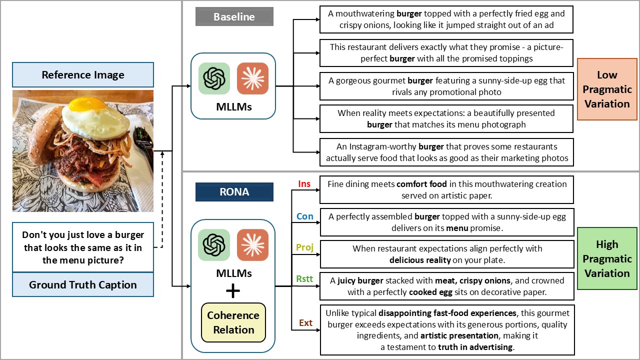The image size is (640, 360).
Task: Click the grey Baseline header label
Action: pyautogui.click(x=234, y=16)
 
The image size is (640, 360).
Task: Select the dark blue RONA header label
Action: pyautogui.click(x=234, y=191)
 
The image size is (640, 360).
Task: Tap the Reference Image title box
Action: pyautogui.click(x=83, y=75)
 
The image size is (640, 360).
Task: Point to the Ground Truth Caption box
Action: pyautogui.click(x=83, y=285)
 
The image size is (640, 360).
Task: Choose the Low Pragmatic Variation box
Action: pyautogui.click(x=606, y=89)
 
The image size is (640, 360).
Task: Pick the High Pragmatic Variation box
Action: pyautogui.click(x=606, y=258)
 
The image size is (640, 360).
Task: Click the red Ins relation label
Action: pyautogui.click(x=304, y=184)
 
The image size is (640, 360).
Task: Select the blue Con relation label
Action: pyautogui.click(x=305, y=216)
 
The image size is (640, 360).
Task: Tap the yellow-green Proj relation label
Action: pyautogui.click(x=304, y=248)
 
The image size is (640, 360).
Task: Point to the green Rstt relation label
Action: pyautogui.click(x=304, y=279)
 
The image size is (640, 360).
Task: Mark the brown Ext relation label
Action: pyautogui.click(x=305, y=323)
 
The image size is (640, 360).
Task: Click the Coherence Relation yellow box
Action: pyautogui.click(x=233, y=322)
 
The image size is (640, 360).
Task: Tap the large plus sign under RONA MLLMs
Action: pyautogui.click(x=233, y=291)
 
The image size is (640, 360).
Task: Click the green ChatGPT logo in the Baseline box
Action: pyautogui.click(x=214, y=78)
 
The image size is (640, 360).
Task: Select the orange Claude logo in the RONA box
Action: pyautogui.click(x=252, y=245)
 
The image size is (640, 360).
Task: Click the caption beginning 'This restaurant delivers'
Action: pyautogui.click(x=446, y=52)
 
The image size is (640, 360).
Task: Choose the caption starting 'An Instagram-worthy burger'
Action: pyautogui.click(x=446, y=152)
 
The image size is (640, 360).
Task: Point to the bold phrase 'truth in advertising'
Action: pyautogui.click(x=475, y=347)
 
